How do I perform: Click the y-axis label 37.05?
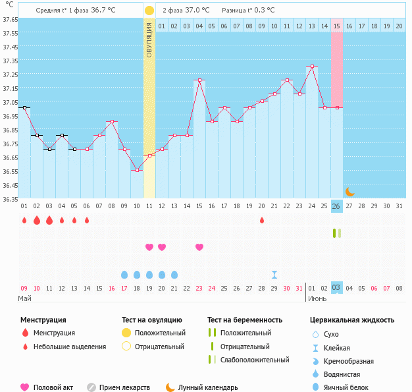tap(10, 102)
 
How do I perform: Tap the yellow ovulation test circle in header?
tap(149, 11)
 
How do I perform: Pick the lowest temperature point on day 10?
tap(137, 170)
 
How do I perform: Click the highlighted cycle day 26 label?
tap(336, 206)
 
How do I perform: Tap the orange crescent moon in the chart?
tap(349, 192)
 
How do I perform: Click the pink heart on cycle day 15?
tap(199, 247)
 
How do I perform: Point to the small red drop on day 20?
tap(262, 220)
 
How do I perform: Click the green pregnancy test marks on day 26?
tap(337, 233)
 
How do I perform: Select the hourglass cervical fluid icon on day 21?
tap(274, 274)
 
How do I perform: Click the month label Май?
tap(24, 298)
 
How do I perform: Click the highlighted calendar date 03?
tap(336, 288)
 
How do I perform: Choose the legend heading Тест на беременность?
tap(245, 320)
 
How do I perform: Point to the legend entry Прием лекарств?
tap(124, 388)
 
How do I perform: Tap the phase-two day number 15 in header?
tap(336, 26)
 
